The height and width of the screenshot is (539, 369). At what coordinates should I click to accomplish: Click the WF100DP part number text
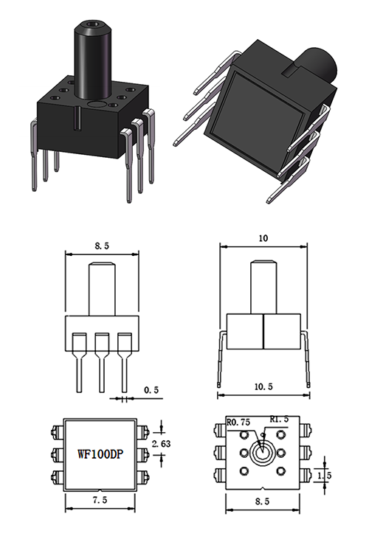(100, 455)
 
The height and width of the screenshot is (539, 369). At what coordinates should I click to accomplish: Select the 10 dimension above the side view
(263, 239)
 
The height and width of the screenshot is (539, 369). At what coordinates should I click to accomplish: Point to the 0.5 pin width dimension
(149, 390)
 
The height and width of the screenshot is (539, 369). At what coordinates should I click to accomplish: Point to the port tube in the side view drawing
(263, 288)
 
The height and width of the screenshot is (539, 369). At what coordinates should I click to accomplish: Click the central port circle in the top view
(263, 453)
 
